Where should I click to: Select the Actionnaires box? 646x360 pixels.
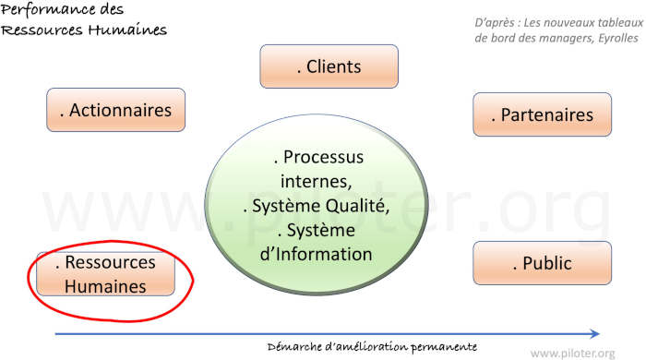115,111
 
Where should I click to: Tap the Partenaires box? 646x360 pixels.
542,114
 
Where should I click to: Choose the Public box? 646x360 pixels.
542,263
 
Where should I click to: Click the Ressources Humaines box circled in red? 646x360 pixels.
105,274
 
